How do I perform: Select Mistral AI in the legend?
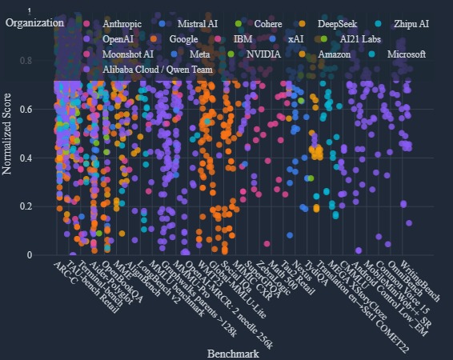coord(196,23)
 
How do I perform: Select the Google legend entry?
coord(183,38)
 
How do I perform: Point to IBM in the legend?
coord(243,38)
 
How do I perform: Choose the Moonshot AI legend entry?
coord(126,54)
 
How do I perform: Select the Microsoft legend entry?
coord(404,54)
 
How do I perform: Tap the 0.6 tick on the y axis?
coord(42,110)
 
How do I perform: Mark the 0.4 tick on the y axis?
coord(42,158)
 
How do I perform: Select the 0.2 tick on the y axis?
coord(42,206)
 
